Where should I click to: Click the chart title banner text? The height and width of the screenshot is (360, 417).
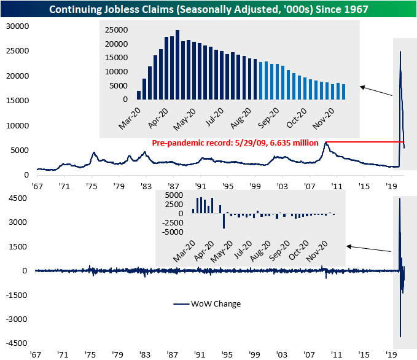[x=208, y=9]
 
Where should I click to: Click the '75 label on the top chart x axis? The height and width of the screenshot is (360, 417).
[x=91, y=185]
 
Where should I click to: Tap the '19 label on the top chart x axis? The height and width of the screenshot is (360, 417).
[x=391, y=185]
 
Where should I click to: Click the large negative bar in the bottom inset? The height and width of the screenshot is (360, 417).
[x=224, y=221]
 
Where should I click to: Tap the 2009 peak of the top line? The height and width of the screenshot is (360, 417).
[x=326, y=143]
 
